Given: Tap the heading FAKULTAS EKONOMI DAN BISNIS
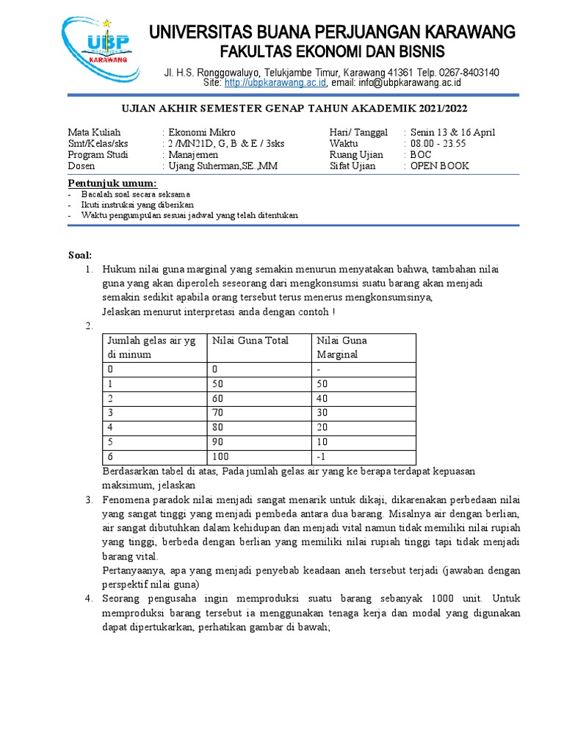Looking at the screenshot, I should click(x=333, y=52).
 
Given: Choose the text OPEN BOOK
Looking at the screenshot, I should click(x=439, y=166).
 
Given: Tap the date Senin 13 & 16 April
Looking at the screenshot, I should click(x=452, y=132).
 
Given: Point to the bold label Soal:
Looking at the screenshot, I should click(x=80, y=255).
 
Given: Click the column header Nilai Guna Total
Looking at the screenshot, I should click(x=250, y=340).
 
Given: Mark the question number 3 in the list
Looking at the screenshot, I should click(x=87, y=500).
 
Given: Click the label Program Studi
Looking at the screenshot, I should click(x=98, y=155).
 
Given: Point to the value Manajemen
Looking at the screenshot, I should click(x=193, y=155).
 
